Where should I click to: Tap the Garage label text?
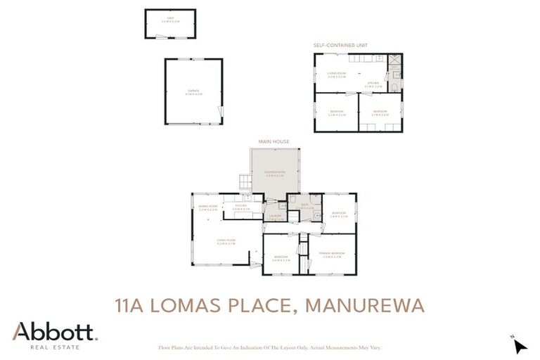(193, 91)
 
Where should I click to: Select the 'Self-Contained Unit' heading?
(340, 45)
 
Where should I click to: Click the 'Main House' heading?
(274, 141)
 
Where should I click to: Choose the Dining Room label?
(208, 207)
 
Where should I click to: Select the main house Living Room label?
(226, 241)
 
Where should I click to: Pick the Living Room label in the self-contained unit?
(337, 75)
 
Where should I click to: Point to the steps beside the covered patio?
(243, 182)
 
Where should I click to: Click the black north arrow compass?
(520, 346)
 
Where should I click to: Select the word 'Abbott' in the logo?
(53, 331)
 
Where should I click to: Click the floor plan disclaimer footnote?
(271, 347)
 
